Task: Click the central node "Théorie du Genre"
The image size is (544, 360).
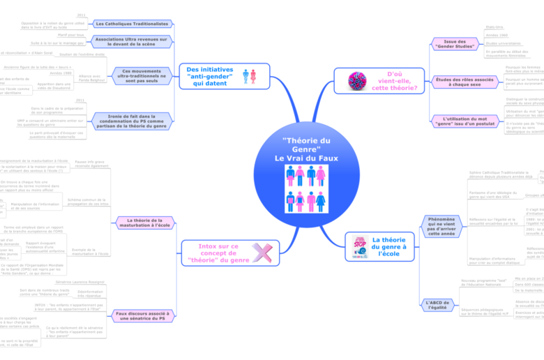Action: tap(306, 149)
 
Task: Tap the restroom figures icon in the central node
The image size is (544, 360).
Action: tap(306, 188)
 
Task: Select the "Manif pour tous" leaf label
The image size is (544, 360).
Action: tap(71, 33)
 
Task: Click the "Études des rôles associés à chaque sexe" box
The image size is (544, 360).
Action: tap(454, 82)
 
